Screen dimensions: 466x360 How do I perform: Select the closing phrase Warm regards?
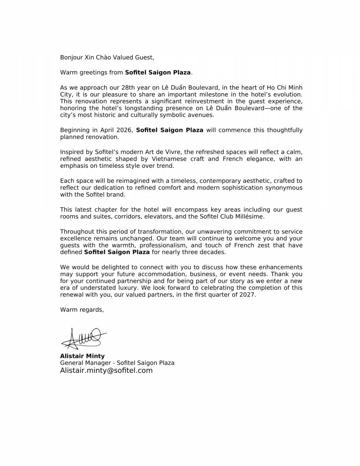pos(82,310)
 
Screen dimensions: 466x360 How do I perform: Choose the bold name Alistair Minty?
pos(82,356)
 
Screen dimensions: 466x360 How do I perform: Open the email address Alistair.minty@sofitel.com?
pos(106,370)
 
